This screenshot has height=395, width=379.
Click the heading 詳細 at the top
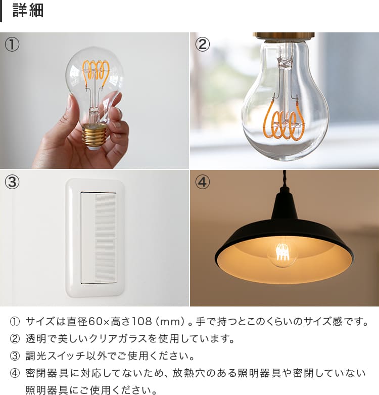click(x=28, y=11)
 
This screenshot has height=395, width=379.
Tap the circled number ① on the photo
click(x=12, y=45)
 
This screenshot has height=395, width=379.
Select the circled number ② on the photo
click(x=202, y=45)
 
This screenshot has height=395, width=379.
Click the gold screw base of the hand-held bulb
click(x=95, y=136)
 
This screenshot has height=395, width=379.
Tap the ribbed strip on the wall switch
click(x=106, y=238)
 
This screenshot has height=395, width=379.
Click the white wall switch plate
click(x=95, y=238)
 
